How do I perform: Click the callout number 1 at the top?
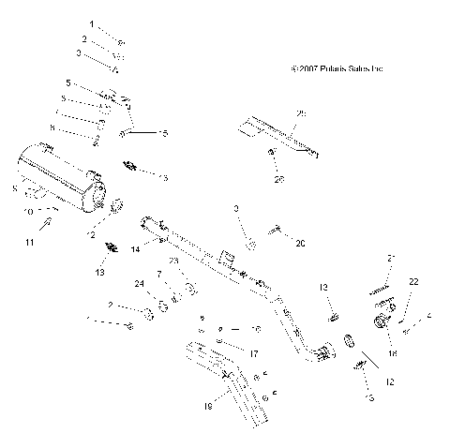point(92,22)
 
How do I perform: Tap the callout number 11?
point(29,243)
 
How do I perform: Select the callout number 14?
point(135,248)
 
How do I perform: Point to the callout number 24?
point(140,284)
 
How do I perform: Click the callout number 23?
point(173,261)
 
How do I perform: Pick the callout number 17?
point(253,353)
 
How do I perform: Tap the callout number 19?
point(208,407)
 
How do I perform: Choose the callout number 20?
point(300,243)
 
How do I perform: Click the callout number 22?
point(413,281)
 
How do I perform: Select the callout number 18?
point(392,354)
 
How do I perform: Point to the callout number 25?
point(301,113)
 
